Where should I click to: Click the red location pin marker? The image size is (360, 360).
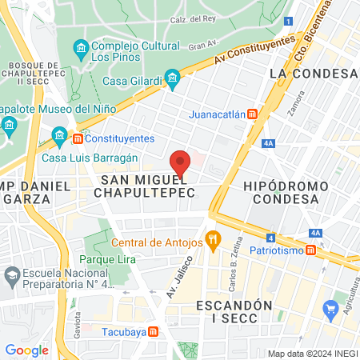[x=181, y=162]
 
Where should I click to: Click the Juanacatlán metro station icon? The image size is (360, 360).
[x=252, y=114]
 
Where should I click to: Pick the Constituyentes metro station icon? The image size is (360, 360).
[x=78, y=138]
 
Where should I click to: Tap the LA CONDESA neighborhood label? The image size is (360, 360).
[x=313, y=73]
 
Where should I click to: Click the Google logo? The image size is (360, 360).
[x=26, y=350]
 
